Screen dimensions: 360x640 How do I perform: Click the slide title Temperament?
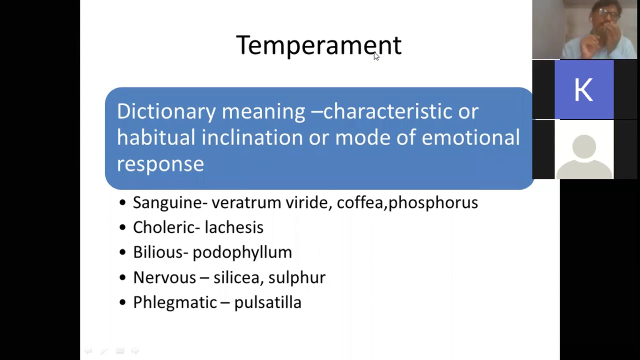point(318,45)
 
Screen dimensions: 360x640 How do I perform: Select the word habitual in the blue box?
point(155,137)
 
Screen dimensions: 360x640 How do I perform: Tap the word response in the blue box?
point(160,164)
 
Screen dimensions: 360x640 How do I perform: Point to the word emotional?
point(470,137)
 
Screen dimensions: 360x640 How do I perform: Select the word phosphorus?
point(433,202)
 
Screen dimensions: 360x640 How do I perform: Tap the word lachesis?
point(234,227)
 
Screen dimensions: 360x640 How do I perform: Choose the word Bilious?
point(158,252)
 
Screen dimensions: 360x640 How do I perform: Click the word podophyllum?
point(242,252)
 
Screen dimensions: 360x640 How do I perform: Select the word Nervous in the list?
point(164,277)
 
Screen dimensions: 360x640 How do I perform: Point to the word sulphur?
point(297,277)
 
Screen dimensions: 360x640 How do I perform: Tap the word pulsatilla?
point(267,302)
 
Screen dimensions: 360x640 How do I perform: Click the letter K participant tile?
point(583,90)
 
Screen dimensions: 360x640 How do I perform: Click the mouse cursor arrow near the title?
point(376,56)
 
